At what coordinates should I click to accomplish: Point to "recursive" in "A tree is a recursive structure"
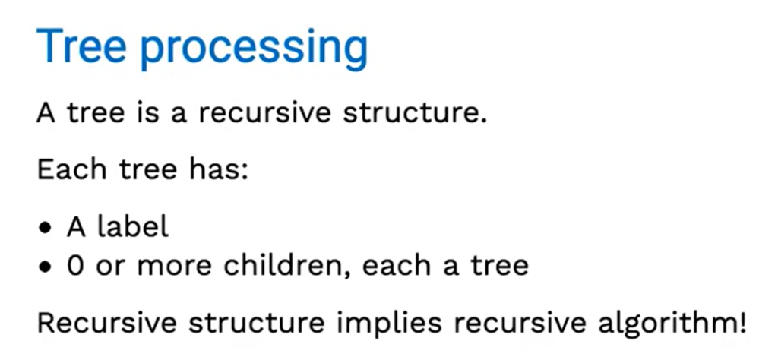click(x=264, y=114)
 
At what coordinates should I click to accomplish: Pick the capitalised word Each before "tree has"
click(x=71, y=169)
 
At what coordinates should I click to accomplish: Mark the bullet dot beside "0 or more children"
click(x=46, y=267)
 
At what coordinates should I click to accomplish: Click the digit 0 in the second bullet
click(x=75, y=266)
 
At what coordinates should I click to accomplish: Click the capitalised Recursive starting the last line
click(x=107, y=323)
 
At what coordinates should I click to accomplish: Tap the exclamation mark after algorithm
click(x=743, y=323)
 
